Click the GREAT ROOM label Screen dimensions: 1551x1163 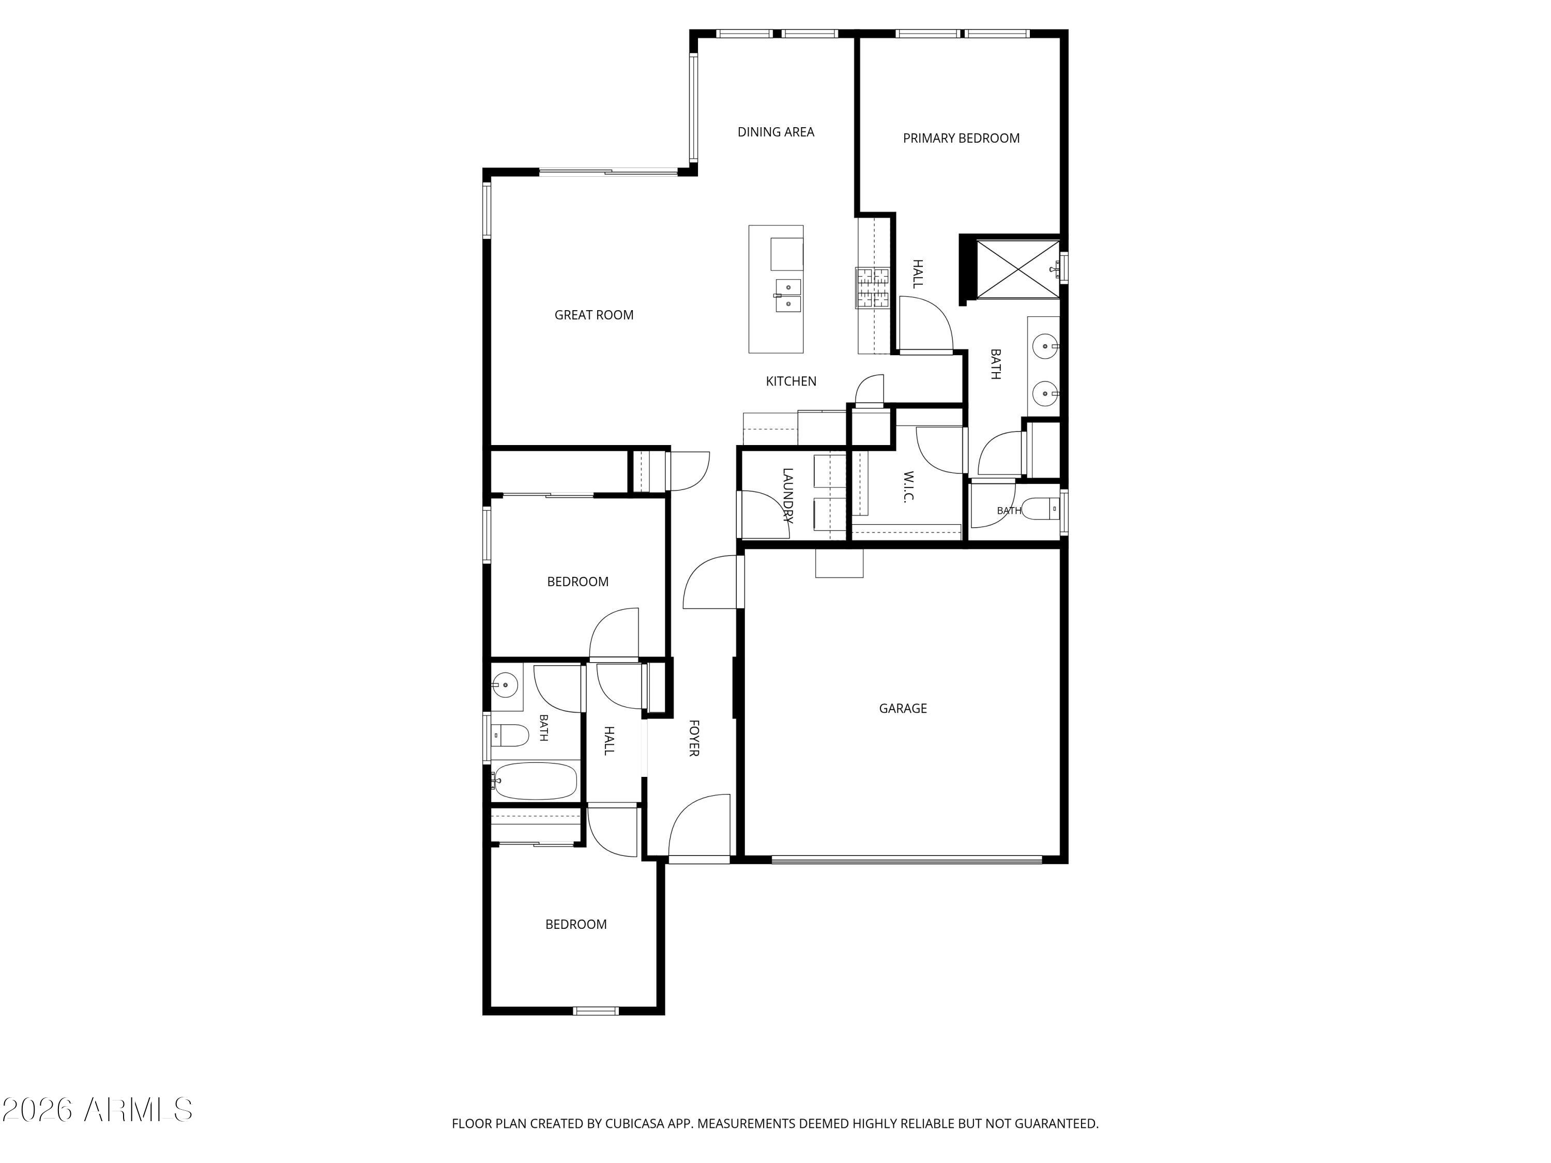594,315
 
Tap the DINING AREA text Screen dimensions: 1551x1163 775,132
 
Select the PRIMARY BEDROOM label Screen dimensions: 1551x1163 961,138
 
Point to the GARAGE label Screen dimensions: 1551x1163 902,709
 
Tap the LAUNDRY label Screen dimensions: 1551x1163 787,496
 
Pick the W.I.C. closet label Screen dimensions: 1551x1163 909,486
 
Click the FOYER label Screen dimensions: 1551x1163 693,738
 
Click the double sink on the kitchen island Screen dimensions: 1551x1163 787,295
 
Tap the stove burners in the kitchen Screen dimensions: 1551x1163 872,287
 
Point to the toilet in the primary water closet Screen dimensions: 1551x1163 1041,508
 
